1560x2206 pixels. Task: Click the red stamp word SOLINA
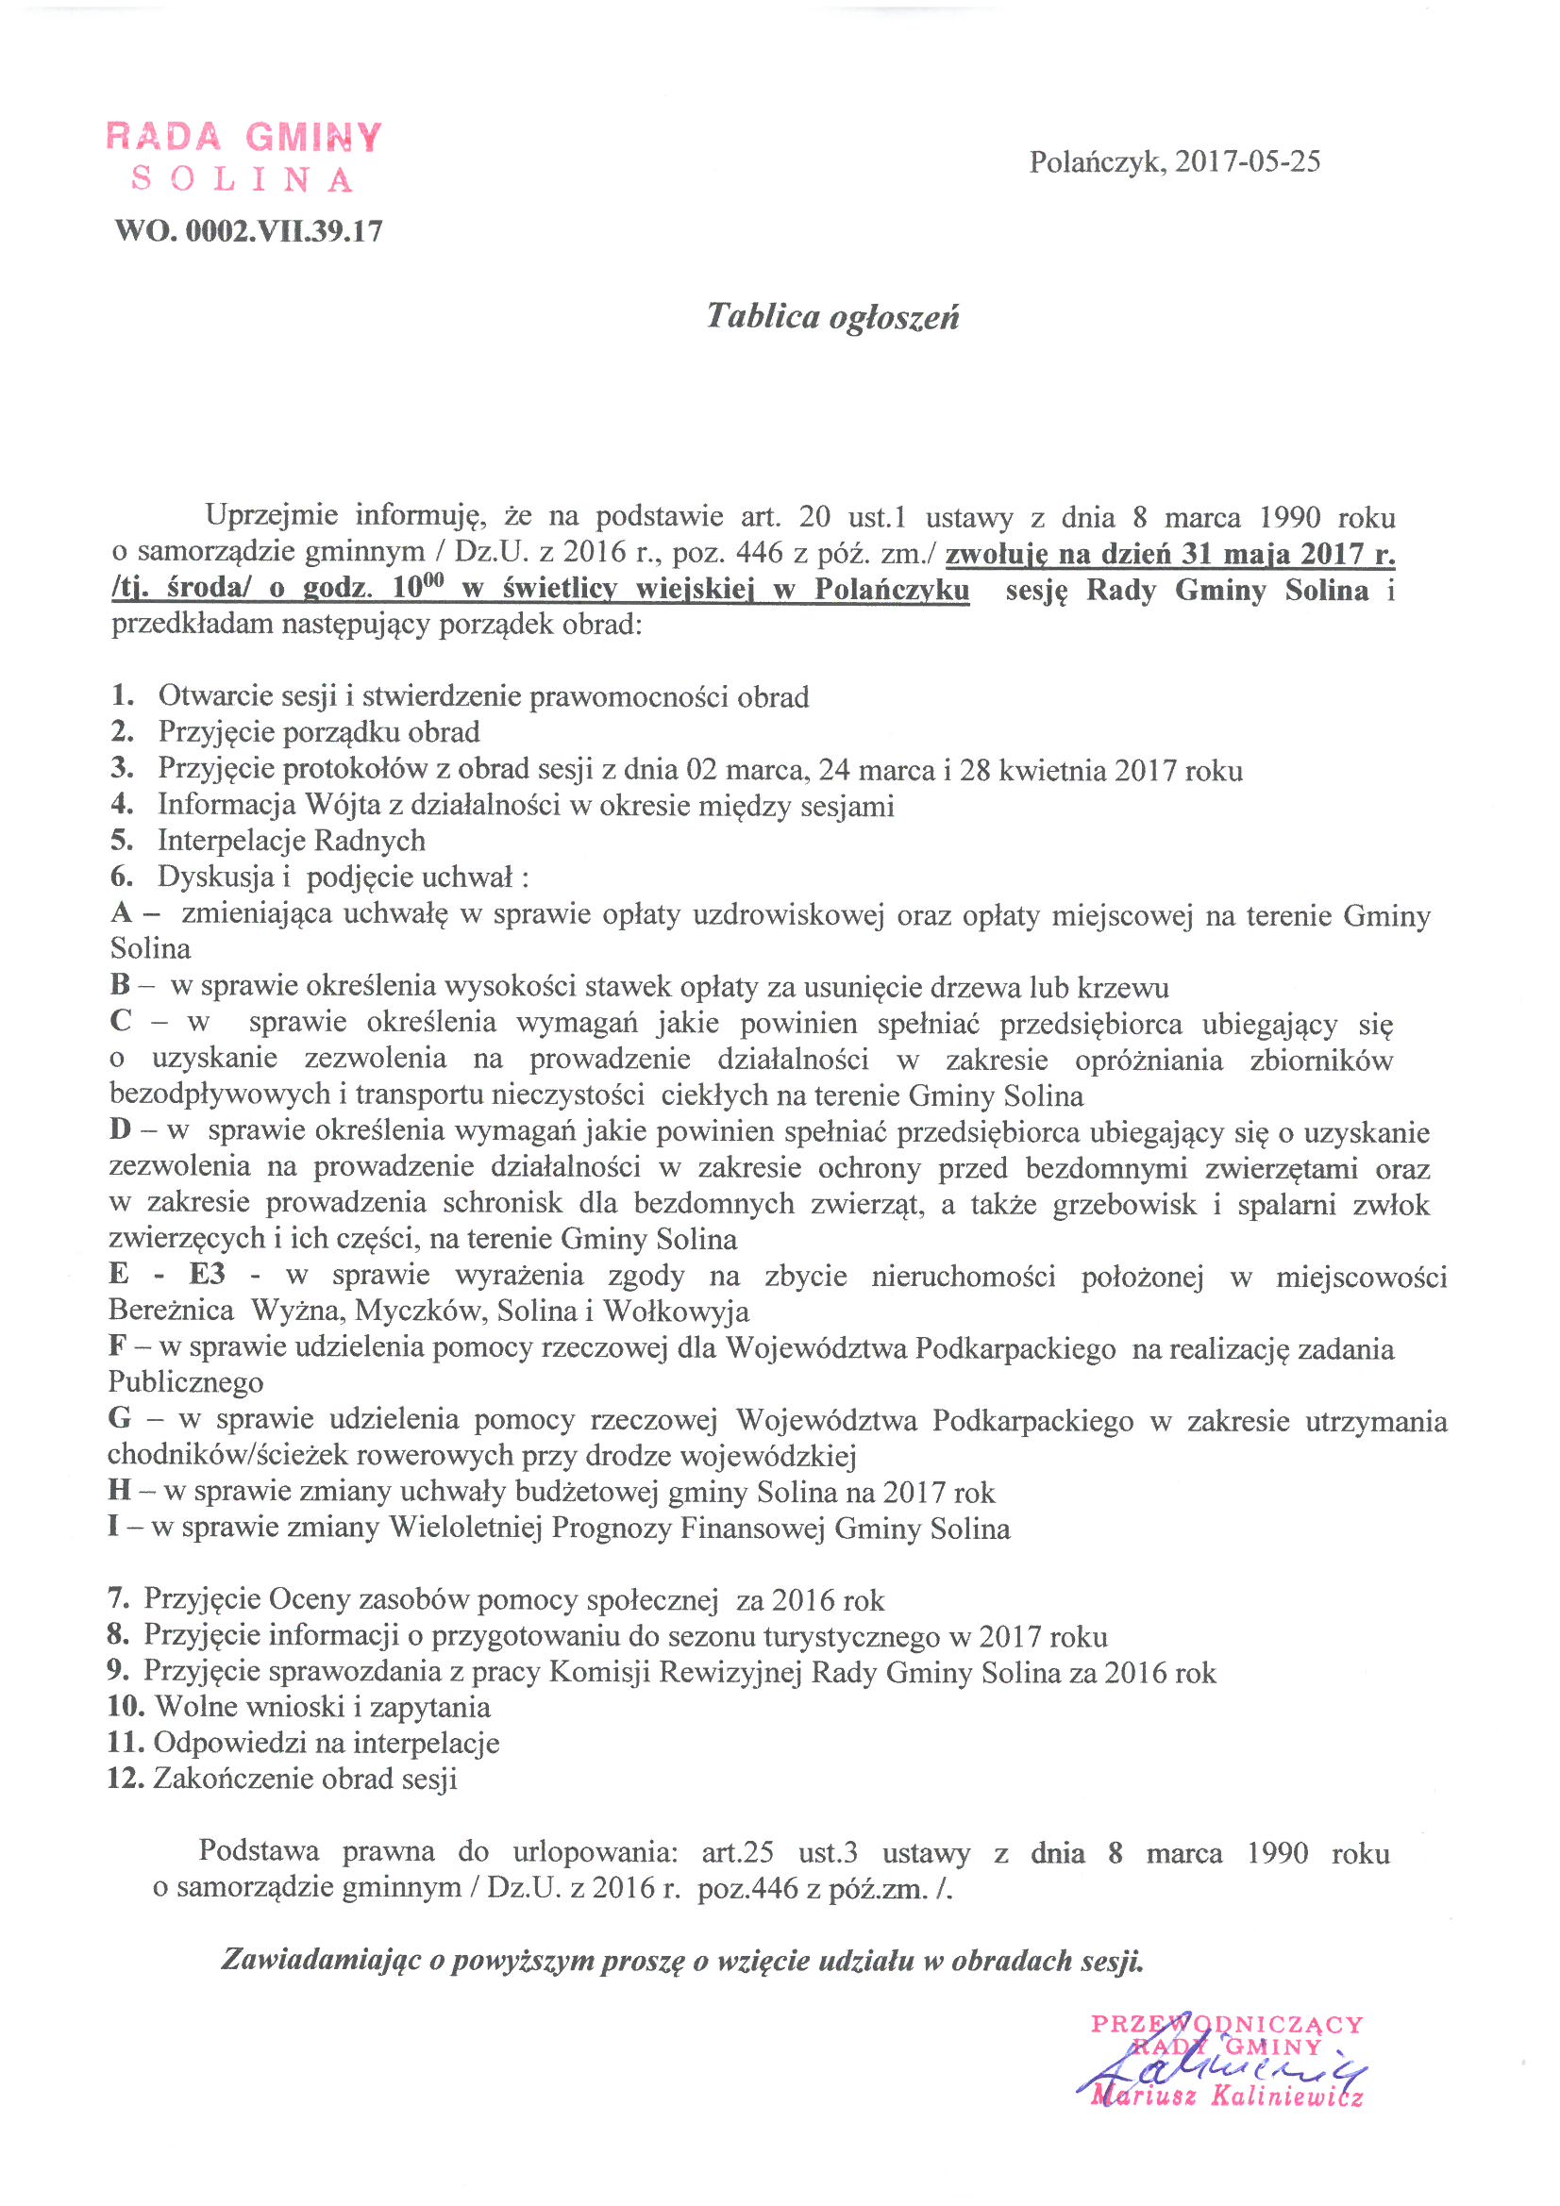pyautogui.click(x=243, y=179)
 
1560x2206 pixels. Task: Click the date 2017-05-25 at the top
pyautogui.click(x=1248, y=160)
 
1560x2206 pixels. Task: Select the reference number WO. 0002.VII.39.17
pyautogui.click(x=248, y=230)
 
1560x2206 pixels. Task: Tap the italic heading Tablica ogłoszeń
pyautogui.click(x=832, y=316)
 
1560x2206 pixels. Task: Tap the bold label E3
pyautogui.click(x=207, y=1274)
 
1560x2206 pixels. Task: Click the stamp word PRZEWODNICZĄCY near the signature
pyautogui.click(x=1227, y=2025)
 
